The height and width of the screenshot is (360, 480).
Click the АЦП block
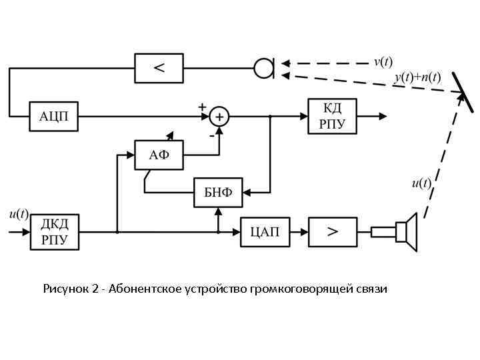(54, 117)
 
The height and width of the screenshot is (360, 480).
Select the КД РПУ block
(332, 116)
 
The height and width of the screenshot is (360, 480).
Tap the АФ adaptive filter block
(159, 155)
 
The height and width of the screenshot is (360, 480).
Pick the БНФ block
(218, 193)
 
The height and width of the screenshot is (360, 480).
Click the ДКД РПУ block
(54, 232)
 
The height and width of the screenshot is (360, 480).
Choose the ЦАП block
(265, 232)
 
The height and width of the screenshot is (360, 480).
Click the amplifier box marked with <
(159, 67)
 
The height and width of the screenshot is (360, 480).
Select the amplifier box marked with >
(332, 232)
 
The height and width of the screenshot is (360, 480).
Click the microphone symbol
(265, 67)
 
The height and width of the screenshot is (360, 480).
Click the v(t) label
(383, 61)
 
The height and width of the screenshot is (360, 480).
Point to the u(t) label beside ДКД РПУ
(19, 214)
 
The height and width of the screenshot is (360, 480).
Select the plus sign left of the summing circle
(201, 107)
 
